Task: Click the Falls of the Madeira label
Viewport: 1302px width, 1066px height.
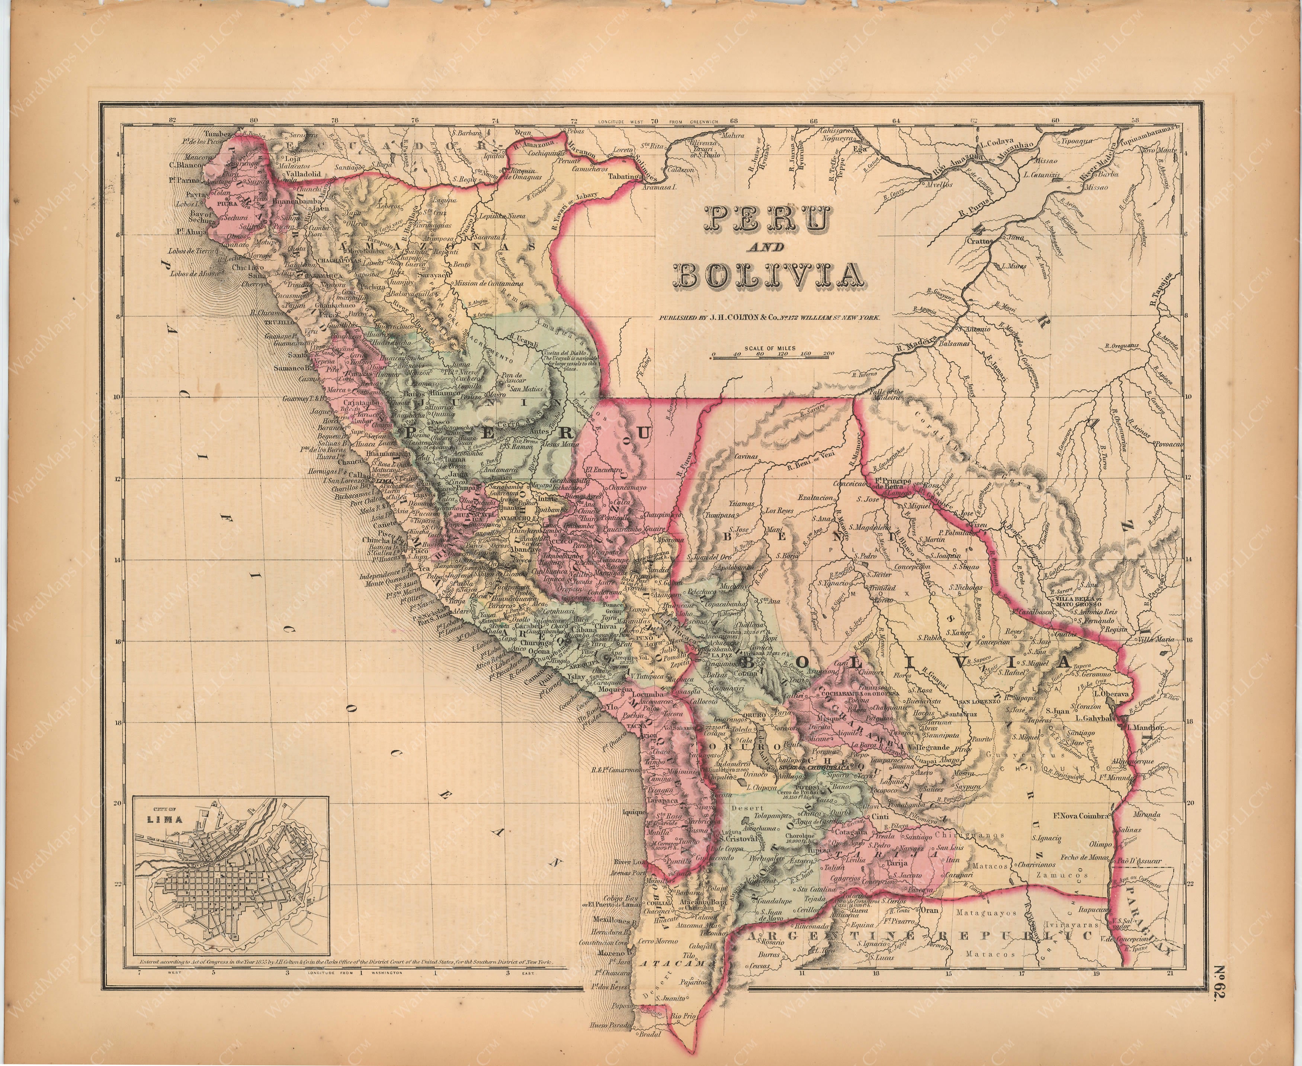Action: (x=886, y=395)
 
